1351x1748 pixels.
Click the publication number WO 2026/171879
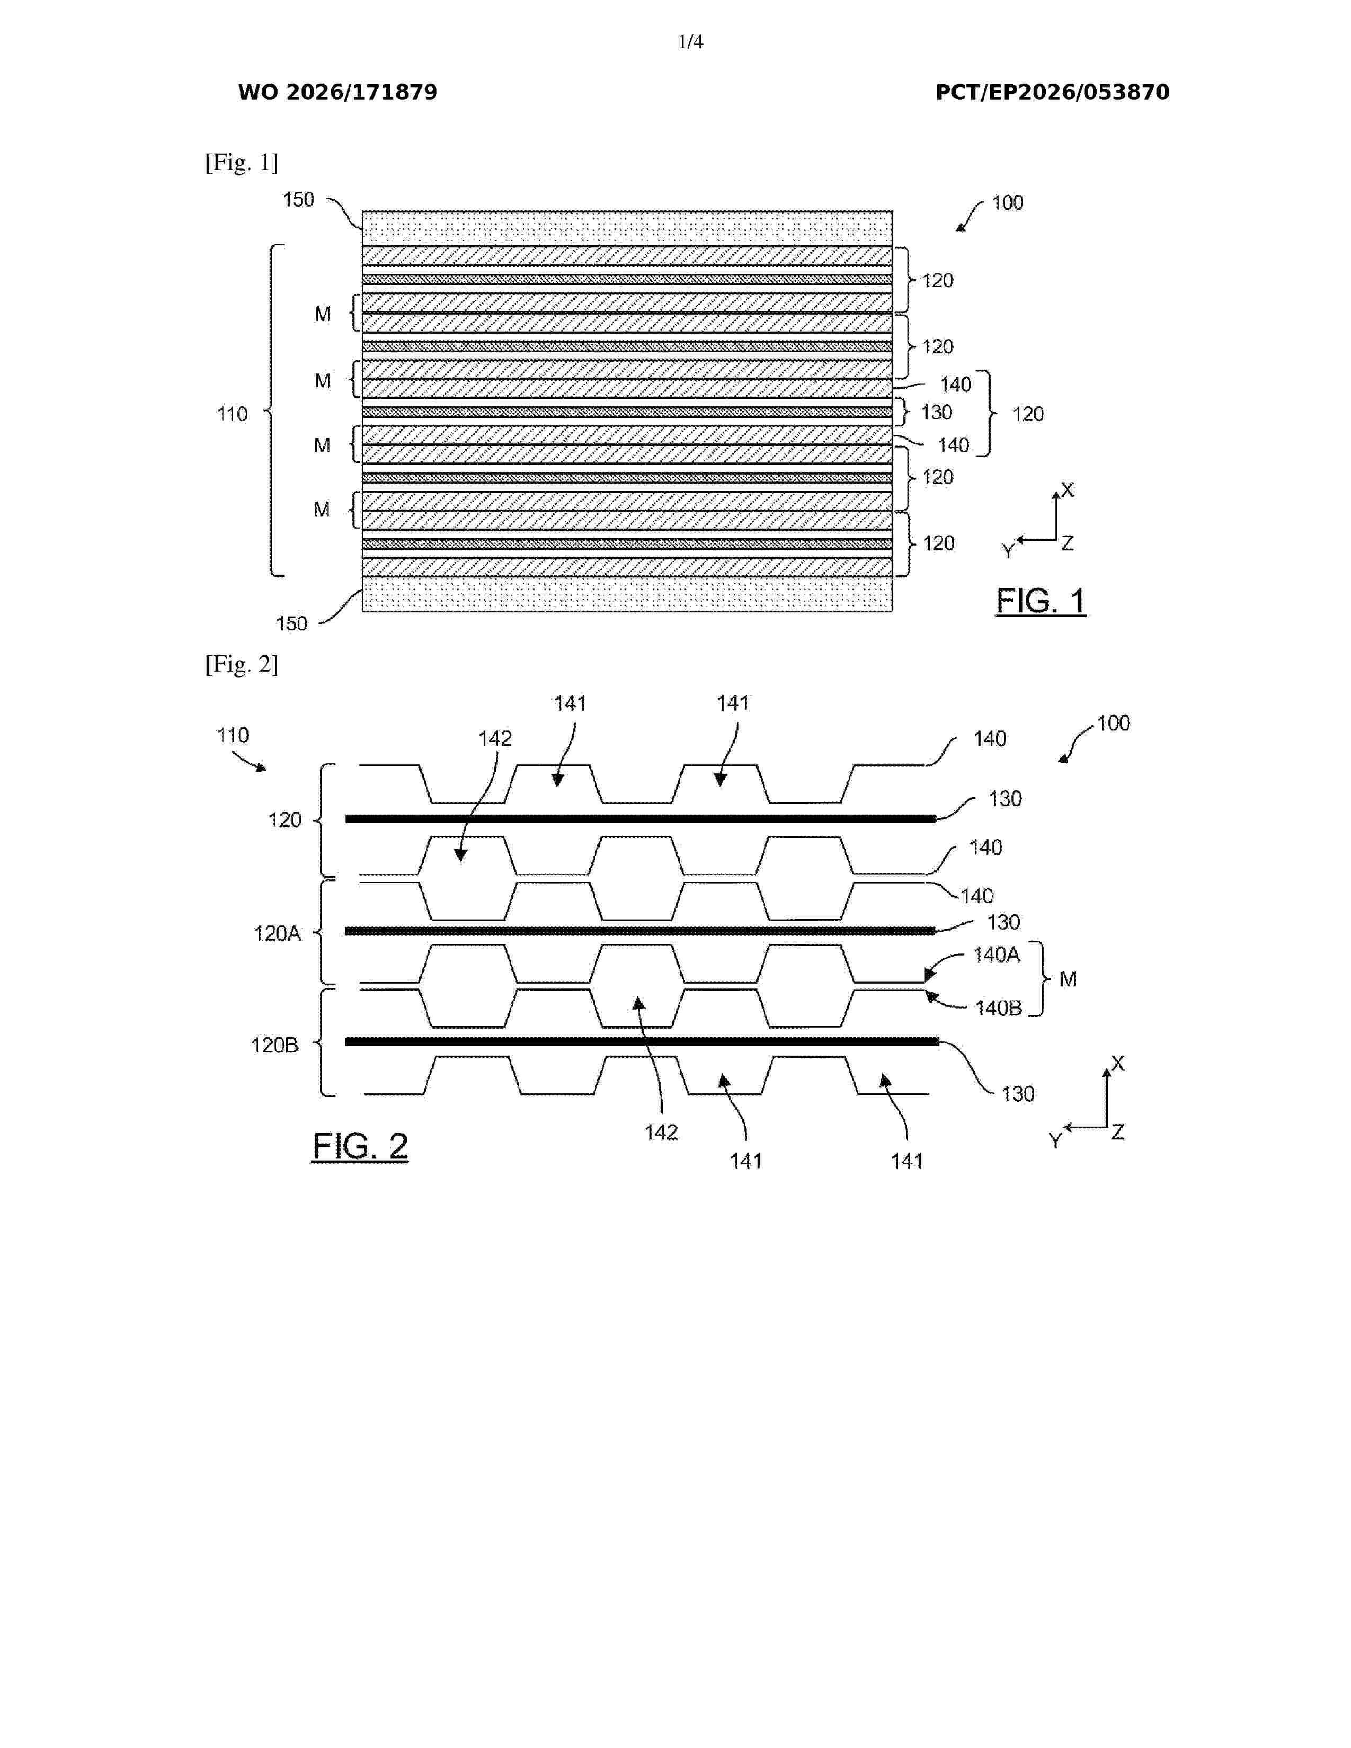click(x=338, y=93)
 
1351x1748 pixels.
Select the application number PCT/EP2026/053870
click(x=1053, y=93)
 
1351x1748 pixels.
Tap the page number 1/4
click(x=691, y=42)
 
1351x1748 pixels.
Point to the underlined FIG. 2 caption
click(x=360, y=1146)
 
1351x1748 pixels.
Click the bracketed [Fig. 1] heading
click(x=242, y=163)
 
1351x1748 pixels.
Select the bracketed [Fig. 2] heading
click(x=242, y=664)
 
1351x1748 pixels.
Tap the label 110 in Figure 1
click(x=232, y=414)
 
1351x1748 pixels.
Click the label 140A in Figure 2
click(x=997, y=955)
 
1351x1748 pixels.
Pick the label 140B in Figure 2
click(x=998, y=1007)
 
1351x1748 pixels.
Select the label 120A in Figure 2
click(x=277, y=933)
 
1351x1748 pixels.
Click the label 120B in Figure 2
click(x=274, y=1045)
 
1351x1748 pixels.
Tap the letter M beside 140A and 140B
click(x=1068, y=979)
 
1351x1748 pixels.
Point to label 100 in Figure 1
click(x=1008, y=202)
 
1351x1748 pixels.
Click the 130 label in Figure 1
click(x=936, y=412)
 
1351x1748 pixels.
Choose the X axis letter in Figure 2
click(x=1118, y=1063)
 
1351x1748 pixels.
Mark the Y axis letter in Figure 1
click(x=1008, y=551)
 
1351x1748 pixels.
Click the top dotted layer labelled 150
click(x=627, y=228)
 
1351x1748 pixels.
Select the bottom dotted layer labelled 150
click(x=627, y=594)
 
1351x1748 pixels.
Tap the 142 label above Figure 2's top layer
click(x=495, y=738)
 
